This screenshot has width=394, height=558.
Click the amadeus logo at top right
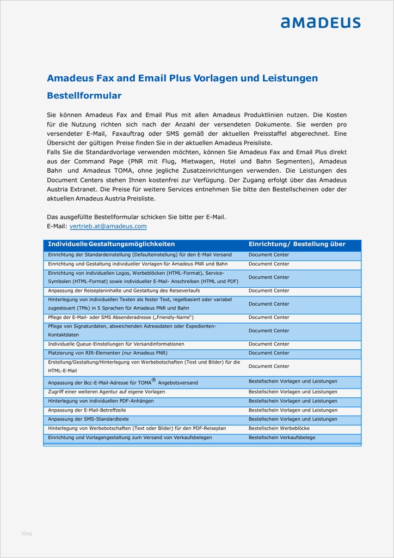[x=320, y=22]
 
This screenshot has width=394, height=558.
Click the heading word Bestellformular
[x=84, y=96]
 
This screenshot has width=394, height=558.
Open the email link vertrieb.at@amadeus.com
[x=108, y=226]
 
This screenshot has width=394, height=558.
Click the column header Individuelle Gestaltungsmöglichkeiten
[x=112, y=244]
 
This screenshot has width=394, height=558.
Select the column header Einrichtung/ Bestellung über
[x=297, y=244]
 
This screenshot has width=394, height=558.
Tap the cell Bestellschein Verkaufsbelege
[x=281, y=438]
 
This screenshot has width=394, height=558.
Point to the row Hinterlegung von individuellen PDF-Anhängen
[x=101, y=401]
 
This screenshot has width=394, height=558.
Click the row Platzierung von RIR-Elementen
[x=103, y=353]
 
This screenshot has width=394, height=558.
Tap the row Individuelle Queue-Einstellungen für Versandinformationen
[x=116, y=344]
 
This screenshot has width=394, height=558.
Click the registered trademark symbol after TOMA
[x=153, y=380]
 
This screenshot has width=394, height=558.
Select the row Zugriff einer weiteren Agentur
[x=106, y=392]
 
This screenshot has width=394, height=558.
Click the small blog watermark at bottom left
[x=27, y=533]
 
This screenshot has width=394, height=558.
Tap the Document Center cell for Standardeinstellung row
[x=269, y=254]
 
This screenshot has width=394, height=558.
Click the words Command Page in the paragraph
[x=100, y=161]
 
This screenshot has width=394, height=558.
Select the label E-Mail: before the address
[x=57, y=226]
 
